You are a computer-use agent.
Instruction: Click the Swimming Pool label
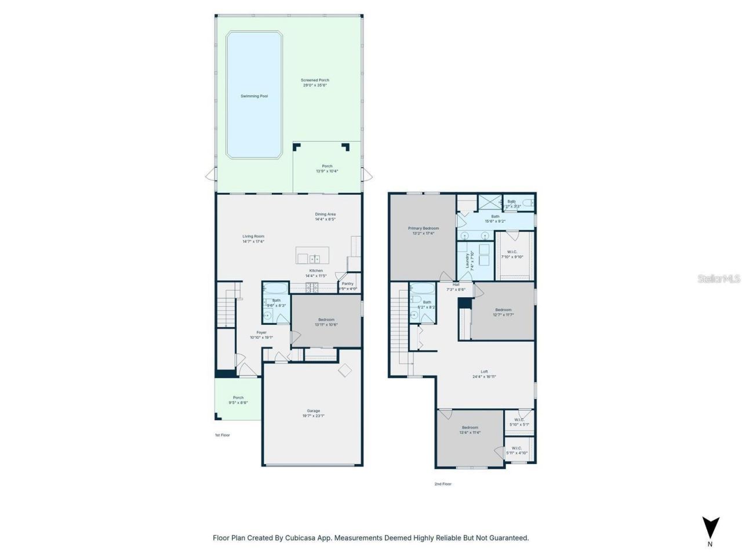[254, 96]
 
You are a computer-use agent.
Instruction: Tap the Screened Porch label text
[315, 81]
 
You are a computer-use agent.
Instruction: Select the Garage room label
[313, 411]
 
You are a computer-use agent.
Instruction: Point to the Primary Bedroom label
[423, 229]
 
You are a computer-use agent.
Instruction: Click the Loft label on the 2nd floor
[484, 372]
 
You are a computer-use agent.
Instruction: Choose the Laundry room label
[467, 261]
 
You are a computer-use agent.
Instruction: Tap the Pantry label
[347, 284]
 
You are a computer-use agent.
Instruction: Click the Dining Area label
[325, 215]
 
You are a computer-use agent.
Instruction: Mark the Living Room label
[253, 236]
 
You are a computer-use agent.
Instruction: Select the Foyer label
[261, 332]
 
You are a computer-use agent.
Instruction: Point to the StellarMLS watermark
[718, 279]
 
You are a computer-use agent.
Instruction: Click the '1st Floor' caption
[222, 435]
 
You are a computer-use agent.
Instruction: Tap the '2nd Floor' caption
[443, 484]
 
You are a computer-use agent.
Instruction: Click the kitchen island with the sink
[312, 255]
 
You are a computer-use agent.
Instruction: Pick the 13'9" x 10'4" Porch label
[327, 166]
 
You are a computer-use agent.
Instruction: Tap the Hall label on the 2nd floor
[456, 285]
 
